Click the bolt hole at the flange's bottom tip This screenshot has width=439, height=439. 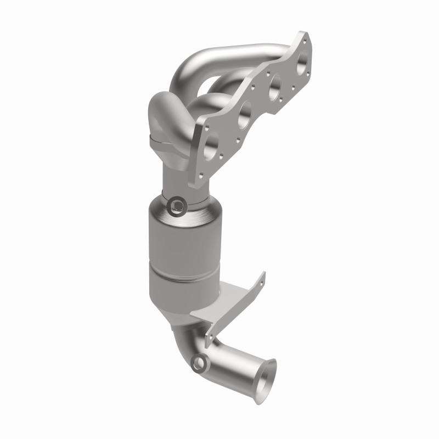pos(202,174)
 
